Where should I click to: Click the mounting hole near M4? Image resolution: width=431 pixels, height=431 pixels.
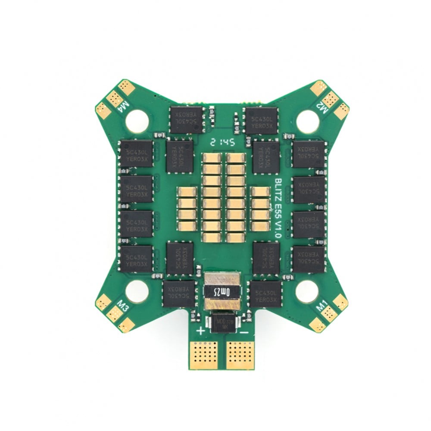click(x=137, y=120)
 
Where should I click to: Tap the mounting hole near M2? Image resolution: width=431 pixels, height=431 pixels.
click(x=307, y=121)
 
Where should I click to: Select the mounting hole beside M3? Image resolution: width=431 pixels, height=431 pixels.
click(x=137, y=291)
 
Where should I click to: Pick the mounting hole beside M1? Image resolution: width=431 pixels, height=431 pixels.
click(x=307, y=291)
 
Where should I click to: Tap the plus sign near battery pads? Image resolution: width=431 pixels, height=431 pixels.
click(x=201, y=331)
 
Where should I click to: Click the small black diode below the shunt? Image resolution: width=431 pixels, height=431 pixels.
click(x=222, y=322)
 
